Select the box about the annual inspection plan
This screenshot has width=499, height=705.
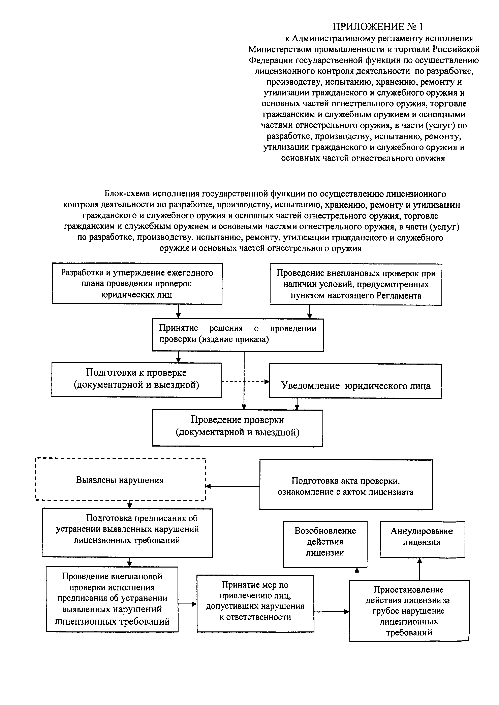pos(137,283)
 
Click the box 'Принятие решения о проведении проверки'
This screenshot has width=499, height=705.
pos(238,335)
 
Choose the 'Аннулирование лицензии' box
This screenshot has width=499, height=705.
pos(422,539)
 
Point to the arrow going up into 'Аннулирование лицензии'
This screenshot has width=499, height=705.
pos(420,569)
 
